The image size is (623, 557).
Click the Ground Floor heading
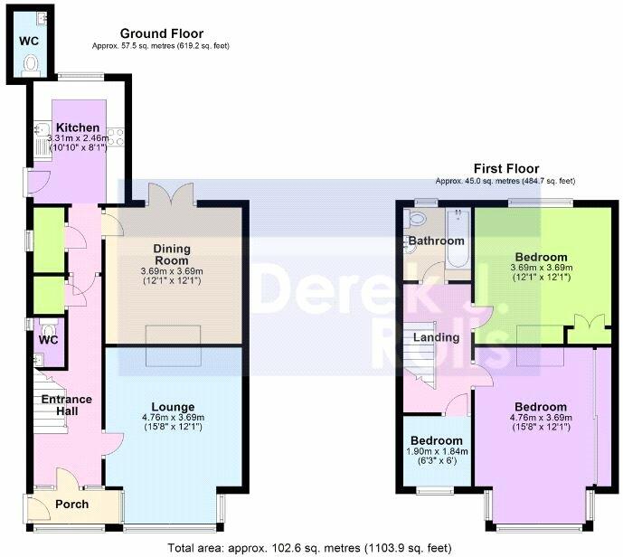point(162,33)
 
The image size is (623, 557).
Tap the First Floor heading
point(506,168)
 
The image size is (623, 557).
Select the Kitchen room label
point(78,127)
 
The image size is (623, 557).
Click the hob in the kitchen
point(116,137)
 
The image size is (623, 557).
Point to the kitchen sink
point(42,130)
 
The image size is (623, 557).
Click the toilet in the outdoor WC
point(30,65)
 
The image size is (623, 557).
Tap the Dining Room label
point(172,255)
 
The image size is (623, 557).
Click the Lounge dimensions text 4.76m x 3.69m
point(173,417)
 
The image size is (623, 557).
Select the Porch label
point(72,505)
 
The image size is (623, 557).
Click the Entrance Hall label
point(67,405)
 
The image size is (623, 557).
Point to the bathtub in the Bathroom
point(458,239)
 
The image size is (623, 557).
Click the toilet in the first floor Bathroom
point(414,219)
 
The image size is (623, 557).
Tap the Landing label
point(436,337)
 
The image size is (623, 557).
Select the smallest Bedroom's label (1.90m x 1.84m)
point(436,440)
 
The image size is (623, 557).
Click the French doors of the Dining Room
point(171,193)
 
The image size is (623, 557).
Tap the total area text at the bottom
point(309,548)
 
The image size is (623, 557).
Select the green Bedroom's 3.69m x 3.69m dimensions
point(541,268)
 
